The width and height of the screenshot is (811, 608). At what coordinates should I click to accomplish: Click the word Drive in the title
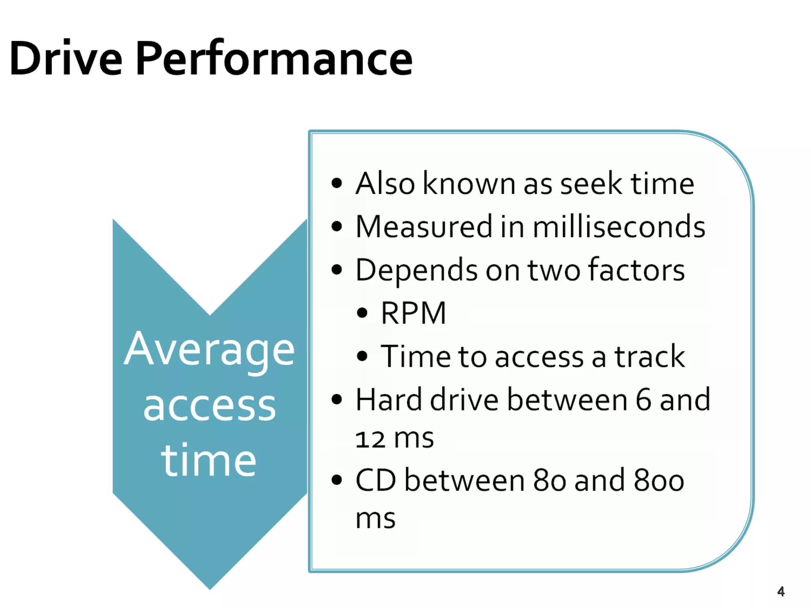click(66, 59)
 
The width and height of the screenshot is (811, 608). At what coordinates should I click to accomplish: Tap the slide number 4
click(781, 591)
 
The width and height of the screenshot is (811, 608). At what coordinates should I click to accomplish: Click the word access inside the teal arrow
click(209, 407)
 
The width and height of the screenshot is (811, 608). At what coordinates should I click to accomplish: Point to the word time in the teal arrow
click(209, 461)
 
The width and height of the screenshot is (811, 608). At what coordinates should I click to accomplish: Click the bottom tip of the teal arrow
click(210, 586)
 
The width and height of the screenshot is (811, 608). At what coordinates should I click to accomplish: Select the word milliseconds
click(619, 227)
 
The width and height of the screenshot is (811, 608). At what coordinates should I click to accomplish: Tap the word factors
click(636, 270)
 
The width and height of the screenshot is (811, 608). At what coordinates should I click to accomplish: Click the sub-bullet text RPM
click(413, 313)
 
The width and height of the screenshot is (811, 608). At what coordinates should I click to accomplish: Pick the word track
click(649, 356)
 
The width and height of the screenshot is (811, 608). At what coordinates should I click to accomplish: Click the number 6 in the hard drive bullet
click(643, 400)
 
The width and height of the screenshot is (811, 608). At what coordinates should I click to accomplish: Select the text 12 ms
click(394, 439)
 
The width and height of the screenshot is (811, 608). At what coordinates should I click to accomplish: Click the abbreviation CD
click(375, 481)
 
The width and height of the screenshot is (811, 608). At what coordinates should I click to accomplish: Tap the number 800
click(659, 481)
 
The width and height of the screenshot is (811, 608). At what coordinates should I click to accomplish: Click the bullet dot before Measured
click(337, 227)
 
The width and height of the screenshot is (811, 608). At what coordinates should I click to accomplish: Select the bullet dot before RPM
click(362, 313)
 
